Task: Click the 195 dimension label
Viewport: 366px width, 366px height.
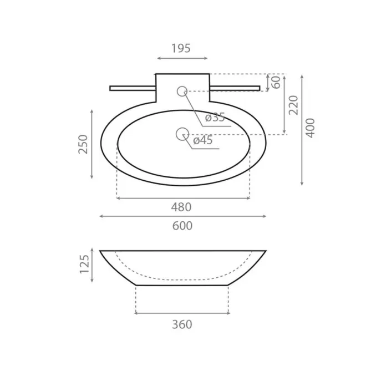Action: click(x=181, y=48)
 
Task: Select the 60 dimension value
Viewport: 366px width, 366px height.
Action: click(x=276, y=83)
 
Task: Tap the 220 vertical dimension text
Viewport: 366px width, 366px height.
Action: click(x=294, y=105)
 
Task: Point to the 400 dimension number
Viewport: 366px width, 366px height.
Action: click(x=310, y=128)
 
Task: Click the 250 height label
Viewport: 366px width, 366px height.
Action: click(x=83, y=144)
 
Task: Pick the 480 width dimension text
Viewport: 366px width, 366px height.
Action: click(x=181, y=207)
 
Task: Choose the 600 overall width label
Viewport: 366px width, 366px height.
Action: click(x=182, y=226)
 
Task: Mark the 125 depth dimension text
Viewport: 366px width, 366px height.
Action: click(x=84, y=264)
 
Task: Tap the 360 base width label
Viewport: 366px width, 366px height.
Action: click(x=182, y=324)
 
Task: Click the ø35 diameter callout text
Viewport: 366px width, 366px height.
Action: click(x=215, y=117)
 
